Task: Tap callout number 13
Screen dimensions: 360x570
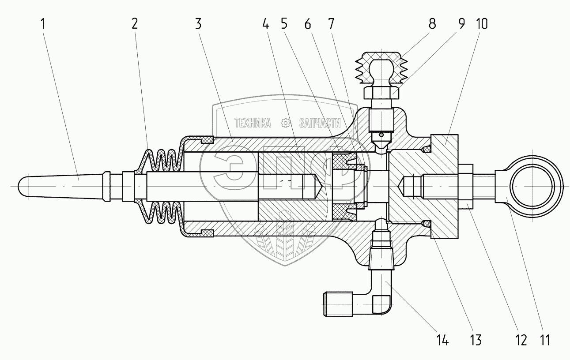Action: [x=476, y=340]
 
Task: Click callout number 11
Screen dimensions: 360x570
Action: [x=545, y=340]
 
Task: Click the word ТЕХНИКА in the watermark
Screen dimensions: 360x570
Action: [x=253, y=123]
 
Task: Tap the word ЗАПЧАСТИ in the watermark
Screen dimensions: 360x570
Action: [x=321, y=123]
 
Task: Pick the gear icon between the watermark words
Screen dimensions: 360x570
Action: [x=286, y=123]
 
